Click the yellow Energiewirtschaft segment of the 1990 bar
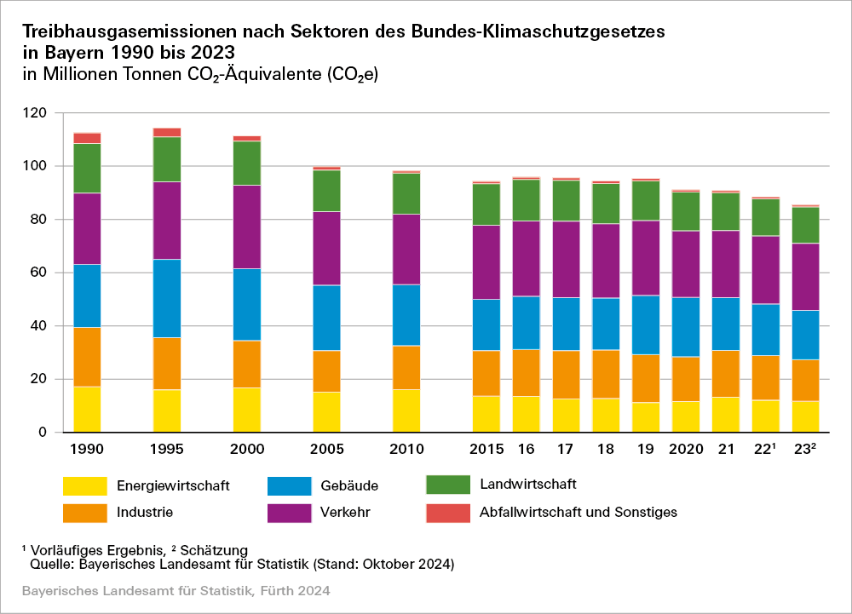click(87, 410)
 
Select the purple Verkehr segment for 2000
click(247, 227)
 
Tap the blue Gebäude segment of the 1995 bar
click(167, 298)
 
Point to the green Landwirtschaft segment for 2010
click(406, 193)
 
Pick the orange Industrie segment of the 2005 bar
click(326, 371)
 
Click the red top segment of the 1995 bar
click(167, 132)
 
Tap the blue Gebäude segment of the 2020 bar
click(686, 327)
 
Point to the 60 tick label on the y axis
click(38, 273)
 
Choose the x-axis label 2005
click(326, 449)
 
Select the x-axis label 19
click(647, 449)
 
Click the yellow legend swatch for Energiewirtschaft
click(84, 486)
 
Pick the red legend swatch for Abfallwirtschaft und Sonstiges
click(447, 513)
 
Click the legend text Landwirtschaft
click(528, 485)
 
